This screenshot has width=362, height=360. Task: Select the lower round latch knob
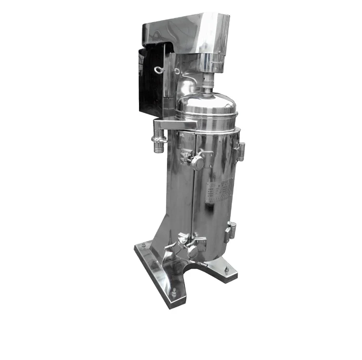coord(192,250)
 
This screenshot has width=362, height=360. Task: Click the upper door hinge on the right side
coord(241,150)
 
